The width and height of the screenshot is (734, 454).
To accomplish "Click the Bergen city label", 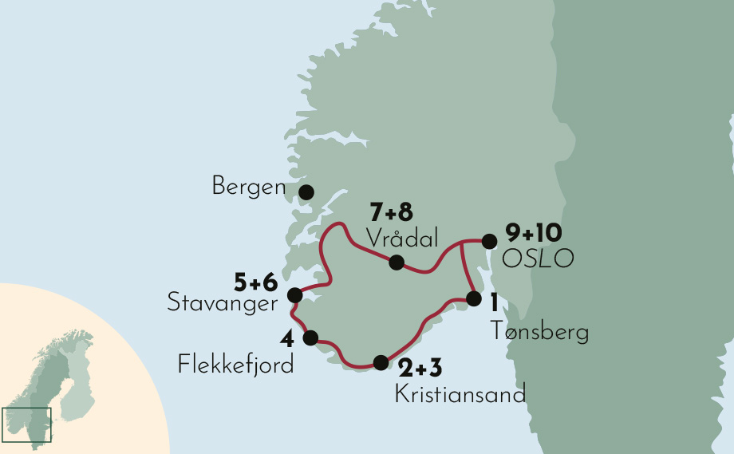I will pos(248,188).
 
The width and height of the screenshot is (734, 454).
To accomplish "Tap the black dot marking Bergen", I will pos(306,192).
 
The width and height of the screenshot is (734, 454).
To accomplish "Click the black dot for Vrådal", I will pos(397,263).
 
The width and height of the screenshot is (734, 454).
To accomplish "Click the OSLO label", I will pos(538,259).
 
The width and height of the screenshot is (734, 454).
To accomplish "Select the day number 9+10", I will pos(534,235).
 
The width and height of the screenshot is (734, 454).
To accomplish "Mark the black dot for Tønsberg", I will pos(473,299).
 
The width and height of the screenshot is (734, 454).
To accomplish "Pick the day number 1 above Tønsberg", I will pos(495,303).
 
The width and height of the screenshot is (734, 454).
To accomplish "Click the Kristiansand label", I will pos(460,395).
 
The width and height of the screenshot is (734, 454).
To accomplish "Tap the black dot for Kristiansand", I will pos(381,361).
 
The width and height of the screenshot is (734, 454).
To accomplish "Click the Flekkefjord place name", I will pos(235,366).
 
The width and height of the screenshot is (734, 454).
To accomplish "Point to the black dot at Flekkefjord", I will pos(310,337).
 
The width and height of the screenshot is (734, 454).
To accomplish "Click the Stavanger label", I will pos(222,303).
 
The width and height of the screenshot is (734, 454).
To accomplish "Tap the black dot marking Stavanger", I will pos(294,295).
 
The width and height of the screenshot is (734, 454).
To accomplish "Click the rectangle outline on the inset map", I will pos(26,424).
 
